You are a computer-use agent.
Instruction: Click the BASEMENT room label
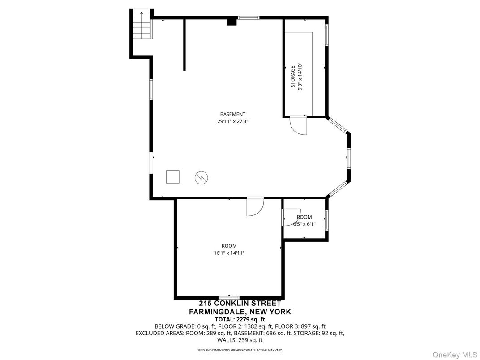(x=232, y=114)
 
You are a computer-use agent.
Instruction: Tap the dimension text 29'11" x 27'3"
(x=232, y=121)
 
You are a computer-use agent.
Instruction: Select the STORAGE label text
(x=293, y=77)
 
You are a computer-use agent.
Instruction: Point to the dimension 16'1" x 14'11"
(x=229, y=253)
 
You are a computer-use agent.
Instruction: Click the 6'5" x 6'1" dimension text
(x=304, y=224)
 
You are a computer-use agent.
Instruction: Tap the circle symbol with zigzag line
(x=201, y=178)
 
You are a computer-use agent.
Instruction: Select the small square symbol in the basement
(x=173, y=176)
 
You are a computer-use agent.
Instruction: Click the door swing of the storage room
(x=298, y=125)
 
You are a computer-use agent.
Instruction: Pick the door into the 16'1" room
(x=255, y=207)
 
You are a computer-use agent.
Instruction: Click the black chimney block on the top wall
(x=231, y=21)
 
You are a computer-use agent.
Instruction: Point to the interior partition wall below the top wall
(x=184, y=45)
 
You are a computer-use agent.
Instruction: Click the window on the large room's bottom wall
(x=229, y=298)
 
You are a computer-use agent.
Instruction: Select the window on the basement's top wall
(x=248, y=18)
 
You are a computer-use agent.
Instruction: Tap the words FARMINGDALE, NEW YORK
(x=240, y=312)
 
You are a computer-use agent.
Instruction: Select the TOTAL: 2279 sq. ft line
(x=240, y=319)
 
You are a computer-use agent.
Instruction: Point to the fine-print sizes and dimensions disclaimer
(x=240, y=350)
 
